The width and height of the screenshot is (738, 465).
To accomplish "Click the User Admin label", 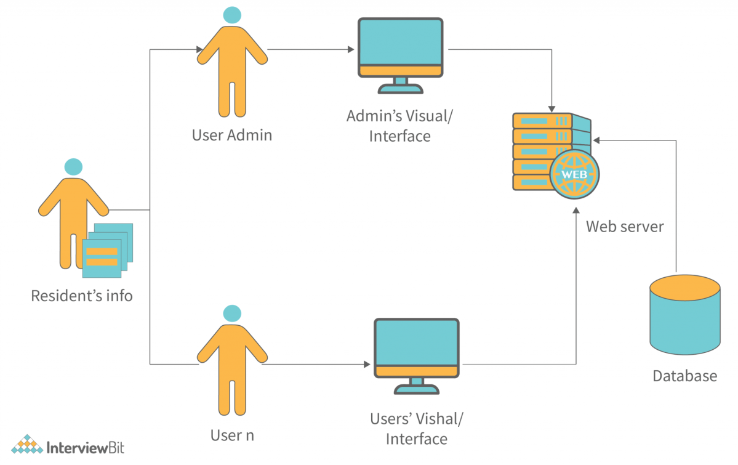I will [x=231, y=135].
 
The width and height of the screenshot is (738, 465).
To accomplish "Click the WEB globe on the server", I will [x=575, y=174].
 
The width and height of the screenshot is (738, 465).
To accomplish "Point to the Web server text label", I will [x=625, y=227].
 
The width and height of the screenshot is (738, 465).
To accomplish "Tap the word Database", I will [x=684, y=376].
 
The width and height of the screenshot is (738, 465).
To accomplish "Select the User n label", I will [x=231, y=435].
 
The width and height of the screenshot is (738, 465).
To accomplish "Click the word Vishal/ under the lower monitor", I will [x=438, y=419].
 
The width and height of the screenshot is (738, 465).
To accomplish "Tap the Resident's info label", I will [x=82, y=296].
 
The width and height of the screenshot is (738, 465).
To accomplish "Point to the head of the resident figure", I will [x=73, y=166].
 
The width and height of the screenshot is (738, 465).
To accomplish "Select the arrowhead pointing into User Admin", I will [x=199, y=49].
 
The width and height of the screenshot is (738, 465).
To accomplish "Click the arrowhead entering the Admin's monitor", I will [x=351, y=49].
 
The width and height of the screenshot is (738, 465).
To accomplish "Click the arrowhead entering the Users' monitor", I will [x=367, y=364].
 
